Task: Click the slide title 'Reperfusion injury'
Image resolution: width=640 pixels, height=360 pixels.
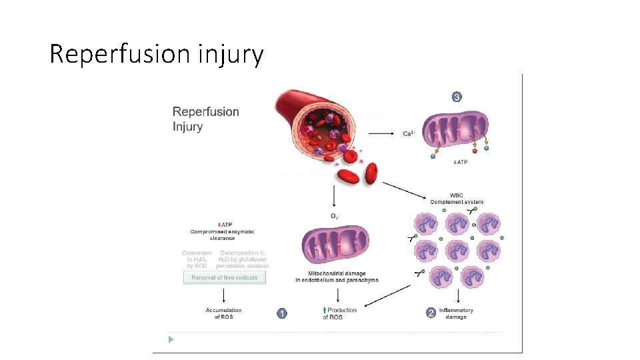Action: pyautogui.click(x=157, y=53)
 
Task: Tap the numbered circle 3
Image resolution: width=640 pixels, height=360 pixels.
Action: pyautogui.click(x=457, y=97)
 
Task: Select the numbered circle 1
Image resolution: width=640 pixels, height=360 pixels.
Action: pyautogui.click(x=282, y=313)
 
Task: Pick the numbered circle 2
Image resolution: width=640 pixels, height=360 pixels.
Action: pyautogui.click(x=431, y=313)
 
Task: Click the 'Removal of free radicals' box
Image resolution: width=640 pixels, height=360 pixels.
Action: pyautogui.click(x=225, y=278)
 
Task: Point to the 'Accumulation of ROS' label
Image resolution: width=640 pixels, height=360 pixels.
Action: pyautogui.click(x=223, y=313)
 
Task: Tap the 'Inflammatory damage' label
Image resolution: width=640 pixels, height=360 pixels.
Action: pyautogui.click(x=456, y=313)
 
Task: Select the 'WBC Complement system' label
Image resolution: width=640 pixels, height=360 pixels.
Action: pyautogui.click(x=457, y=199)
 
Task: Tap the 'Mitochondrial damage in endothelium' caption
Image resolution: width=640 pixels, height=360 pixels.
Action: pyautogui.click(x=337, y=277)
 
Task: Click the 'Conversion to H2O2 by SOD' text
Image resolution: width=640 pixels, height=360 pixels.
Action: pyautogui.click(x=197, y=259)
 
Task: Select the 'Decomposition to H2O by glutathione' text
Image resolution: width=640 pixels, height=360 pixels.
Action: pyautogui.click(x=243, y=259)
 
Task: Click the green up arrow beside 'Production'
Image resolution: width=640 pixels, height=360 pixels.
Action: pyautogui.click(x=324, y=310)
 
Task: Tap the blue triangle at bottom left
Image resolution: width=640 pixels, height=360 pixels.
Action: pyautogui.click(x=171, y=339)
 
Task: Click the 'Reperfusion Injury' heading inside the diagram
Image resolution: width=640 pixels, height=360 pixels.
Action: pyautogui.click(x=205, y=119)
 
